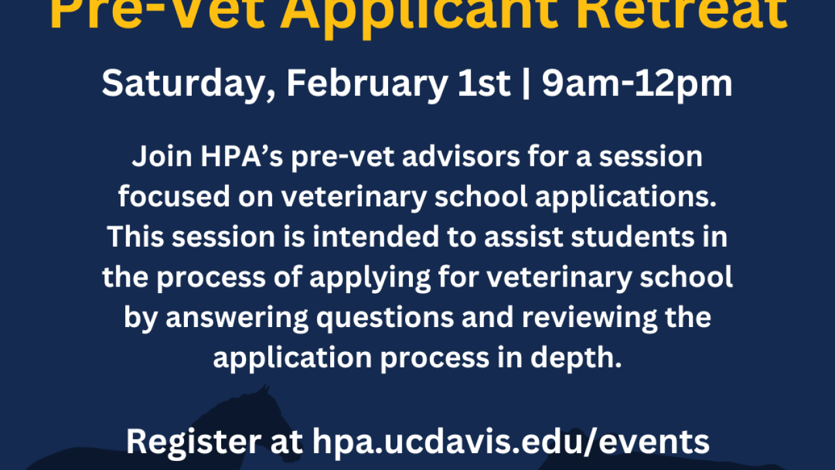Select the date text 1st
(485, 84)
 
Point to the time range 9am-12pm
(637, 84)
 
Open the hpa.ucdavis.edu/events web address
(511, 441)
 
